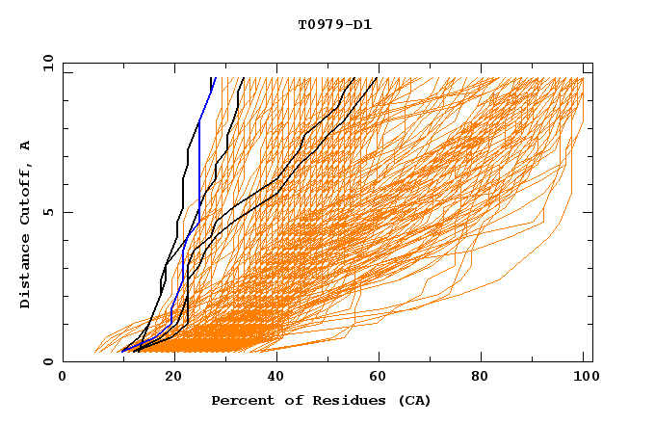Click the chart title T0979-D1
[334, 24]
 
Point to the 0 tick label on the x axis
[63, 377]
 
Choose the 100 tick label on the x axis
[584, 377]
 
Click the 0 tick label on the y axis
[47, 362]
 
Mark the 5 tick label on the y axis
[47, 212]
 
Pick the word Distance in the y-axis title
[26, 274]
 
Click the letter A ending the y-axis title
[26, 145]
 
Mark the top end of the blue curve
[213, 78]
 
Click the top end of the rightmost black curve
[377, 78]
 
